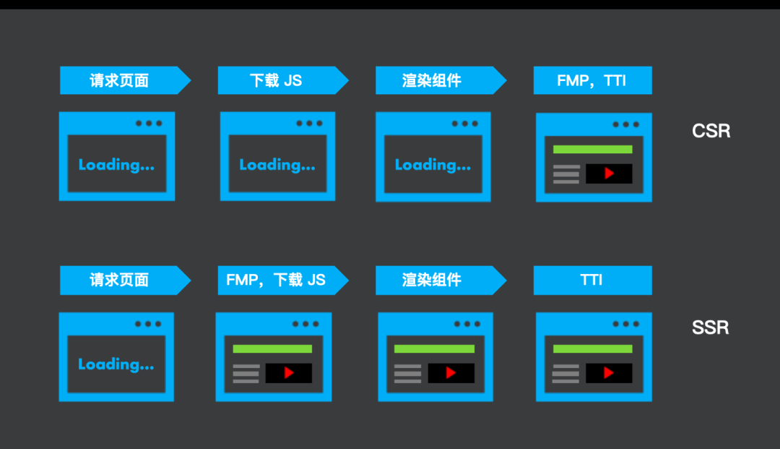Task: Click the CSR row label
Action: coord(711,131)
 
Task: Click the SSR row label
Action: coord(711,328)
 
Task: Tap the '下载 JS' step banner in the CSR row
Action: coord(276,80)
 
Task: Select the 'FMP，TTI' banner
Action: coord(591,80)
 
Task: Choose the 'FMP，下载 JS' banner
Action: coord(276,280)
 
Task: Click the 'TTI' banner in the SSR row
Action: coord(591,280)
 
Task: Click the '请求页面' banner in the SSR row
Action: coord(119,280)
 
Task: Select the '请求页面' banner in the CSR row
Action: coord(119,80)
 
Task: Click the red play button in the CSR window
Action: coord(609,174)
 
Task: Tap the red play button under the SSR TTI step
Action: coord(609,373)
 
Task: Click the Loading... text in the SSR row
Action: coord(116,364)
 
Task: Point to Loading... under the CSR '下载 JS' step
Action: coord(277,165)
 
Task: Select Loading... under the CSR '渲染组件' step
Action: coord(433,165)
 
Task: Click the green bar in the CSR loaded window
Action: coord(592,150)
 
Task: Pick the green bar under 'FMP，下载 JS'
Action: coord(272,348)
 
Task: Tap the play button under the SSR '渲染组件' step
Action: coord(451,373)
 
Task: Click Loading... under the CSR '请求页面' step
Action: coord(116,165)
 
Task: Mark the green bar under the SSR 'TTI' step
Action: coord(592,348)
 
